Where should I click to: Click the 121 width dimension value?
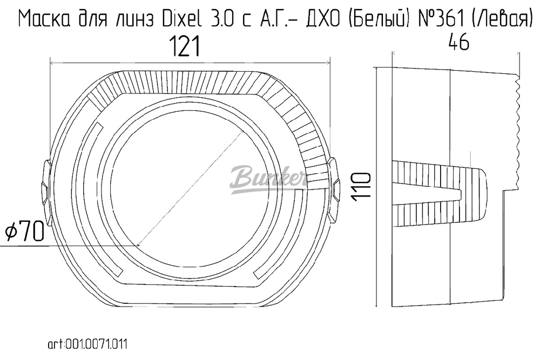click(x=186, y=47)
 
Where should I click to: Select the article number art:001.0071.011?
click(x=88, y=344)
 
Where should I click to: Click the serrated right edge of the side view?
click(x=517, y=130)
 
